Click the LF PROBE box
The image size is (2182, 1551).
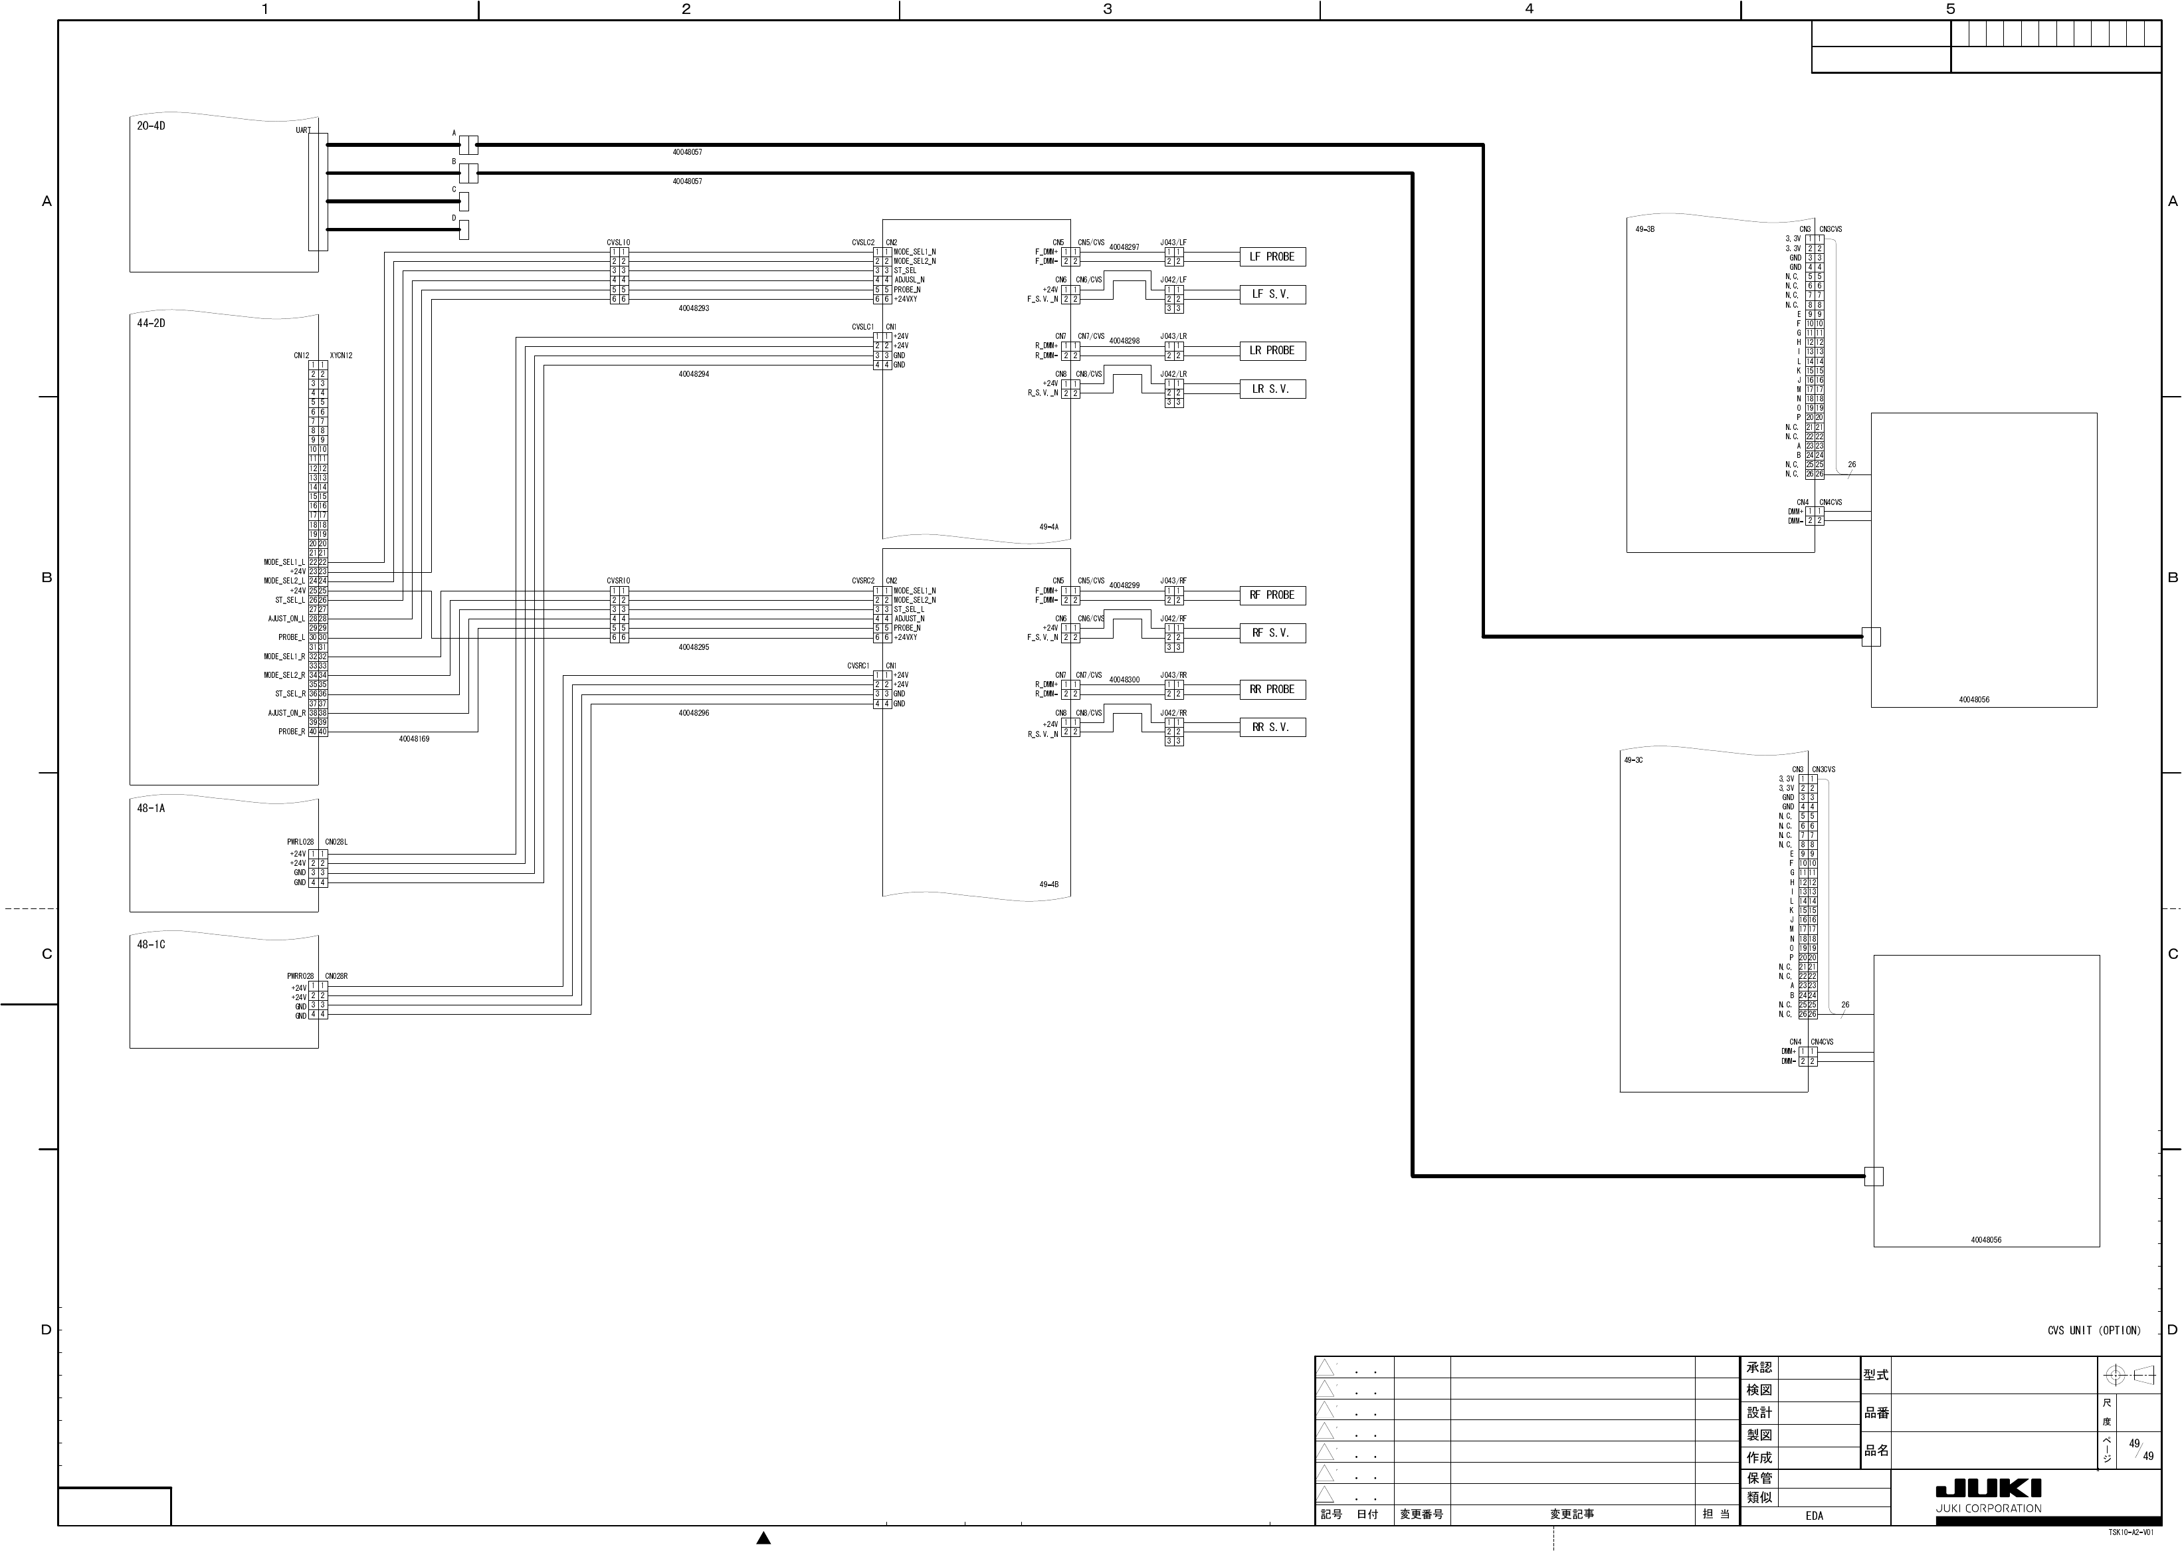(1272, 257)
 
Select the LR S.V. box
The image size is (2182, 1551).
(1272, 389)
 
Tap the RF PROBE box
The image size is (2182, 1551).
(1272, 595)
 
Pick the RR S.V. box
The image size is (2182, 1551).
(1272, 728)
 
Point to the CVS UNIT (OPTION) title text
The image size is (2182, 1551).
(2093, 1330)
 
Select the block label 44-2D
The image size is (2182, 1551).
(151, 324)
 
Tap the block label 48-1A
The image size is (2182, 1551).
(151, 809)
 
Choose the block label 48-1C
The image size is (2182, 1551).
(151, 944)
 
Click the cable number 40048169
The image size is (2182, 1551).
(415, 739)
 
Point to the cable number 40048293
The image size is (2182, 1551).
(694, 308)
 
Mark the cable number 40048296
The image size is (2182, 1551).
(694, 714)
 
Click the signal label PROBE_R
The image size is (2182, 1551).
(291, 732)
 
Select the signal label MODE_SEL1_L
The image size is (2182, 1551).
(284, 563)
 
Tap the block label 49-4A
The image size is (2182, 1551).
(1048, 527)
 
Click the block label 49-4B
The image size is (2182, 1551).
(1048, 884)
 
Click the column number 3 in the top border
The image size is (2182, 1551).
(1108, 9)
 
